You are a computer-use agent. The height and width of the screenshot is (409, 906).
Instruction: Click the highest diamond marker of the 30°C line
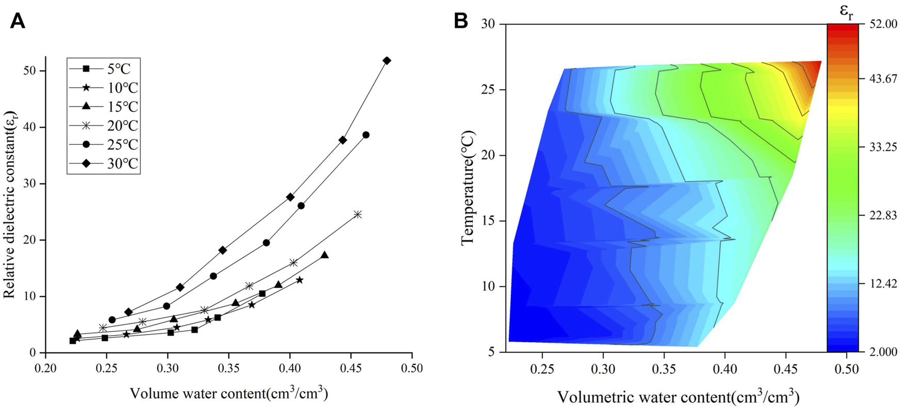click(x=387, y=61)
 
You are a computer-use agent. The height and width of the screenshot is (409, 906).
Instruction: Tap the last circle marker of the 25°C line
click(x=366, y=135)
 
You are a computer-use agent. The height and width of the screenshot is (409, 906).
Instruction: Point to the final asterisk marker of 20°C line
click(x=358, y=215)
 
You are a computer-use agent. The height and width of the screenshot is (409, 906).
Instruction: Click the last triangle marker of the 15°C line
click(x=324, y=255)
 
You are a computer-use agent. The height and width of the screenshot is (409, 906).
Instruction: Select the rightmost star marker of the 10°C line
click(x=299, y=280)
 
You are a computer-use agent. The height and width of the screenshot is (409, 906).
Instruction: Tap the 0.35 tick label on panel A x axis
click(x=229, y=369)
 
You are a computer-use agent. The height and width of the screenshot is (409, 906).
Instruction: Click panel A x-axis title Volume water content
click(x=229, y=394)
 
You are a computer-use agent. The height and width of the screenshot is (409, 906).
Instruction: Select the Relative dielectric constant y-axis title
click(x=9, y=205)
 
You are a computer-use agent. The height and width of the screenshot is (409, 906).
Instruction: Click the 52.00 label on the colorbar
click(x=884, y=24)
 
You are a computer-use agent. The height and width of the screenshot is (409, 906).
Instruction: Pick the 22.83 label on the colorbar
click(x=884, y=216)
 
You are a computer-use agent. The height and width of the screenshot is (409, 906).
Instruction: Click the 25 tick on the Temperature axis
click(x=488, y=90)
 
